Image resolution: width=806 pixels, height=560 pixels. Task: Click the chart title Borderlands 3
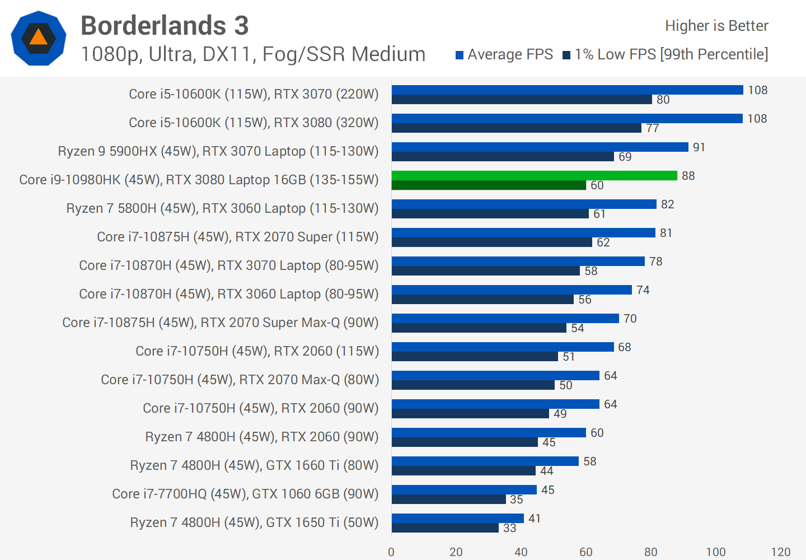coord(165,26)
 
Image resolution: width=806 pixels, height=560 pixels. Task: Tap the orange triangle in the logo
coord(38,38)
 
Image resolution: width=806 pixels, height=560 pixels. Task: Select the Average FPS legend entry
coord(504,54)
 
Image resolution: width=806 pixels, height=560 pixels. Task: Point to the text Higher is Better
coord(716,26)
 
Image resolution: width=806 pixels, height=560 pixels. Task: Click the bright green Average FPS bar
coord(534,175)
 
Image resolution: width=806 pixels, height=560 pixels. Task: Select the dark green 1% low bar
coord(489,185)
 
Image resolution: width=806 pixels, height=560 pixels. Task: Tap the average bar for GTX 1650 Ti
coord(457,518)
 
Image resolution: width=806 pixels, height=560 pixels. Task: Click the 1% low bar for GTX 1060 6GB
coord(448,500)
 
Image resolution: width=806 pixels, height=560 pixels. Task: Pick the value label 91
coord(699,147)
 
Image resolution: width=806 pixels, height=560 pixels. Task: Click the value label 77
coord(653,128)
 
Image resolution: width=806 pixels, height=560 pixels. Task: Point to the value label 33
coord(509,528)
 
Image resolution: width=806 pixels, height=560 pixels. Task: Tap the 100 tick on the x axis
coord(715,552)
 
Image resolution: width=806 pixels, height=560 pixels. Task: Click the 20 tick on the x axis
coord(456,552)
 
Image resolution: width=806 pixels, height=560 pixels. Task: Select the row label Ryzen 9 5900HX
coord(218,151)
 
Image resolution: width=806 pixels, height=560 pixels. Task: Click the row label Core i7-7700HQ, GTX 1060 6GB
coord(245,494)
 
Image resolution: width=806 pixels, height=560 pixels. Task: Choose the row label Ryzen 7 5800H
coord(222,208)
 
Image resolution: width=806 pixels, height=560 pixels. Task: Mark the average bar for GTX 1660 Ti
coord(485,461)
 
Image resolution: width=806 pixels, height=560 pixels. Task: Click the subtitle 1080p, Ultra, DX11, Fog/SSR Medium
coord(253,54)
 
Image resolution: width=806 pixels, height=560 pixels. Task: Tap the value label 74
coord(643,290)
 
